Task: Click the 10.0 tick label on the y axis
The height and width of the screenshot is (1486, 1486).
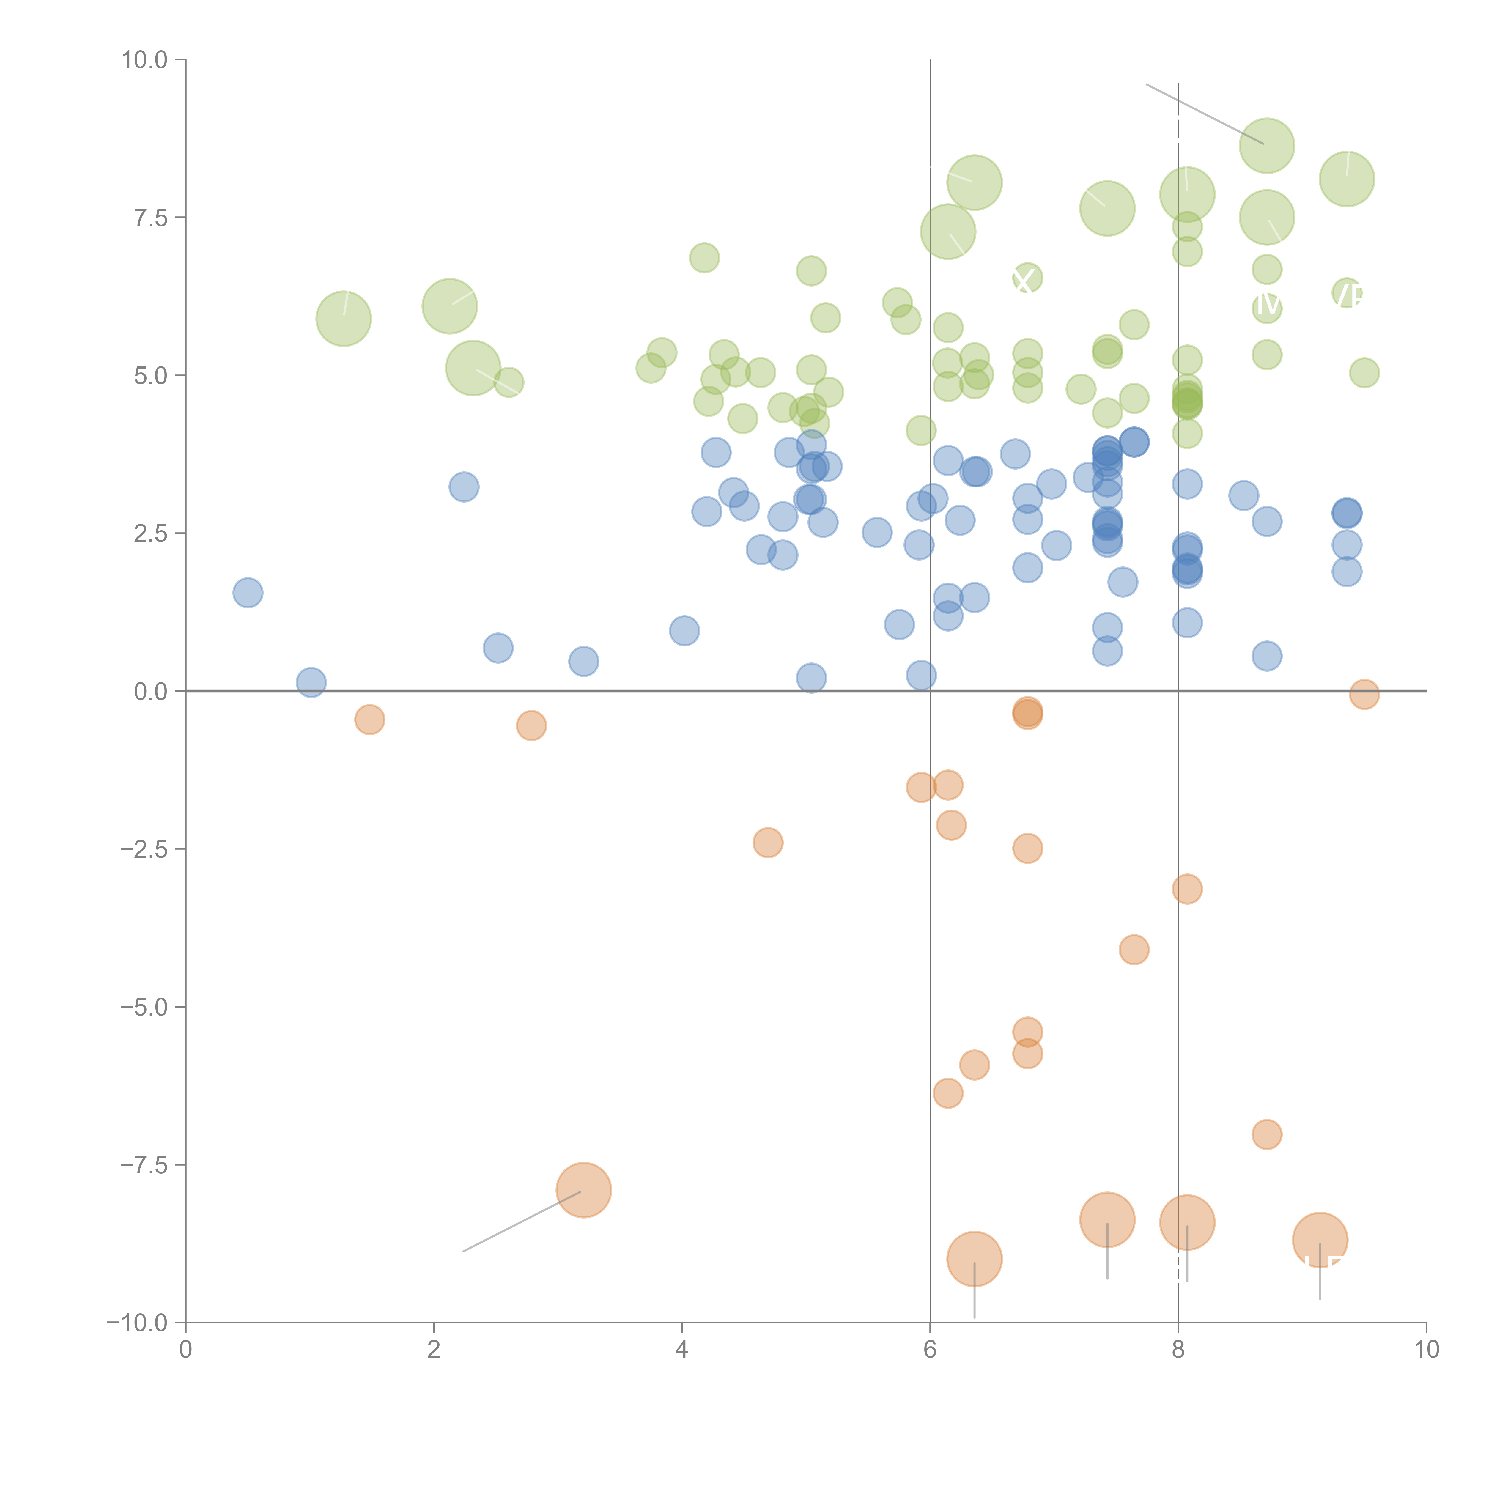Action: [145, 60]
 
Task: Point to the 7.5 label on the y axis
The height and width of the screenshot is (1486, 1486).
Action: [151, 218]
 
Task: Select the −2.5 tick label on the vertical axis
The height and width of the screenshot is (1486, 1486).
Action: [145, 849]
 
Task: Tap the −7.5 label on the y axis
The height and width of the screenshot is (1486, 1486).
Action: [145, 1164]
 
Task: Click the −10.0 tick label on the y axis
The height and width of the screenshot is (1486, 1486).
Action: [138, 1323]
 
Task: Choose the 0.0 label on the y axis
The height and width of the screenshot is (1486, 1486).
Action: [151, 692]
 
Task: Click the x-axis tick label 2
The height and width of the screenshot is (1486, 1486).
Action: [434, 1350]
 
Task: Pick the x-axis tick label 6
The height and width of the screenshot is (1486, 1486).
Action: [930, 1350]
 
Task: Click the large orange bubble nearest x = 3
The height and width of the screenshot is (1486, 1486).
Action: [584, 1190]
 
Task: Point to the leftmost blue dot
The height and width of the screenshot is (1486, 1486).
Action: [248, 592]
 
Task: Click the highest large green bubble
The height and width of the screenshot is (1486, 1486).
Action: [1267, 146]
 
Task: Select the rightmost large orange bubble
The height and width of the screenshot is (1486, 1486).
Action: [1320, 1240]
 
